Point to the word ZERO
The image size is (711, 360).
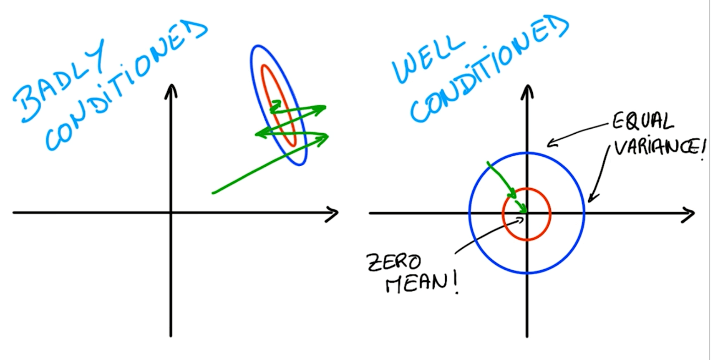pos(394,262)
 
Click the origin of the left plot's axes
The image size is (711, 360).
pos(171,213)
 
